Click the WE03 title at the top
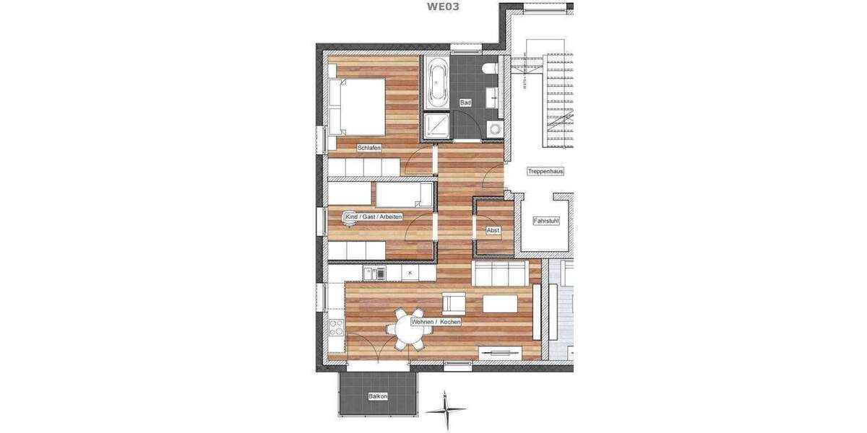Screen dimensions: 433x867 point(443,6)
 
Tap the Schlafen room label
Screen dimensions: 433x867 point(368,148)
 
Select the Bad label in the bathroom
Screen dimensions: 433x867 point(465,103)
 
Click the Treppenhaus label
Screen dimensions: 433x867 point(545,172)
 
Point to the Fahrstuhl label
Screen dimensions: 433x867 point(545,221)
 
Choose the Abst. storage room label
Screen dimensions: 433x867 point(493,230)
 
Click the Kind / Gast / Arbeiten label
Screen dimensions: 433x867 point(374,216)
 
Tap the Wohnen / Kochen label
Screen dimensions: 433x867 point(436,322)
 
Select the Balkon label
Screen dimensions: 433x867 point(378,396)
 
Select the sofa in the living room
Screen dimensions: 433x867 point(499,273)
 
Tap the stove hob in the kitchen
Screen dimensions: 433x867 point(337,328)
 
